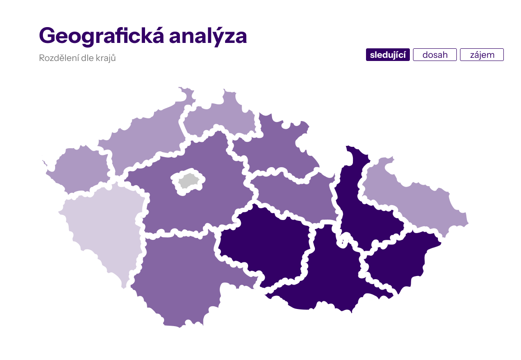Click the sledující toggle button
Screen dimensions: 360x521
point(388,55)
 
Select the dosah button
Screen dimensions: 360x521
point(435,55)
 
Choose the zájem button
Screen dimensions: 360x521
point(482,55)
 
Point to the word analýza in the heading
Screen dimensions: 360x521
point(208,36)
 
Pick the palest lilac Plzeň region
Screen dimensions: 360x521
point(102,230)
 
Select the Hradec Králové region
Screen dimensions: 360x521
point(276,145)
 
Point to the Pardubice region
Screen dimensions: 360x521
point(294,194)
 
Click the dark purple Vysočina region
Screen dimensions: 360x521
point(262,244)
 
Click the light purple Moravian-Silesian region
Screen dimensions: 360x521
point(416,199)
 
